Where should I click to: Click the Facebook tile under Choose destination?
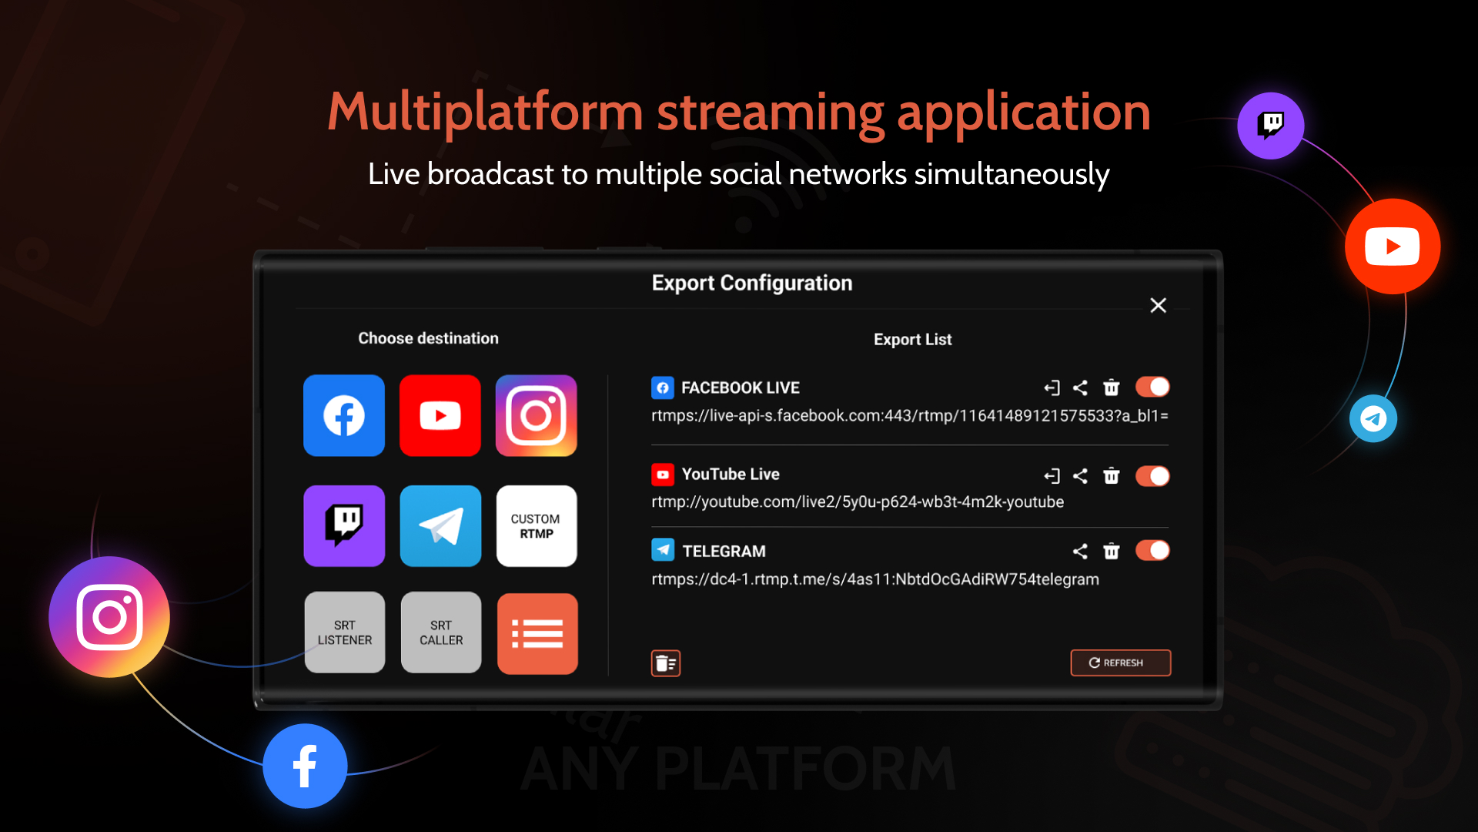coord(343,416)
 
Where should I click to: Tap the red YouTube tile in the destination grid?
coord(440,416)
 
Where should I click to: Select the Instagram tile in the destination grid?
coord(536,416)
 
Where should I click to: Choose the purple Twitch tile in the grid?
coord(343,526)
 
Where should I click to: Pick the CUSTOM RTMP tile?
coord(536,526)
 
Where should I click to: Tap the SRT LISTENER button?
coord(344,632)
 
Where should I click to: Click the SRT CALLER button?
coord(440,632)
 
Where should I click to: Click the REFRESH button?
coord(1120,663)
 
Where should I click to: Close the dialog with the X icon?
coord(1158,305)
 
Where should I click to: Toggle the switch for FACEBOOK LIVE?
coord(1152,387)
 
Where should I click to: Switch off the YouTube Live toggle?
coord(1152,476)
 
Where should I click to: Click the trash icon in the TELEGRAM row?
coord(1111,551)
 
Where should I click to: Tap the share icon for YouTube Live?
coord(1080,476)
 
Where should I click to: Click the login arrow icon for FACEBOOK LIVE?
coord(1052,387)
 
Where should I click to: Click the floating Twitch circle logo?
coord(1270,125)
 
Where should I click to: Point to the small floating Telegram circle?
coord(1373,418)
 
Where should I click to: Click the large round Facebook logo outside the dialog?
coord(305,766)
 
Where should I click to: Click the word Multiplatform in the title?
coord(485,112)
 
